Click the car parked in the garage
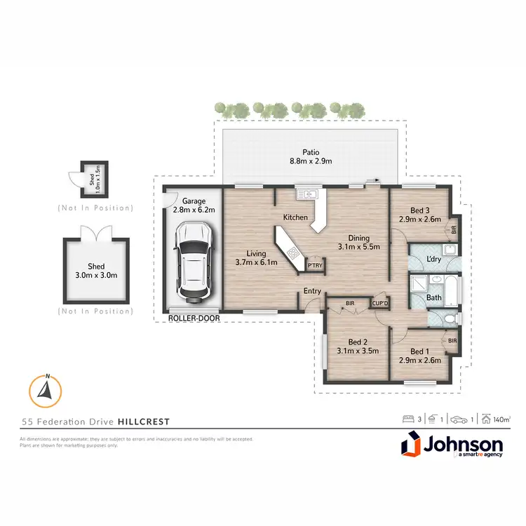tap(192, 259)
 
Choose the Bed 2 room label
tap(357, 345)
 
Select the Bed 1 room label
tap(425, 356)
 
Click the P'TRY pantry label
tap(315, 265)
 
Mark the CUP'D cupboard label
tap(381, 303)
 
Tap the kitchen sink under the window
tap(307, 194)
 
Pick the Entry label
tap(312, 291)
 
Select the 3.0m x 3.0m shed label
tap(96, 271)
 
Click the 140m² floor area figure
tap(501, 419)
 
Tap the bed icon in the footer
tap(405, 419)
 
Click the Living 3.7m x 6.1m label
tap(257, 258)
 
